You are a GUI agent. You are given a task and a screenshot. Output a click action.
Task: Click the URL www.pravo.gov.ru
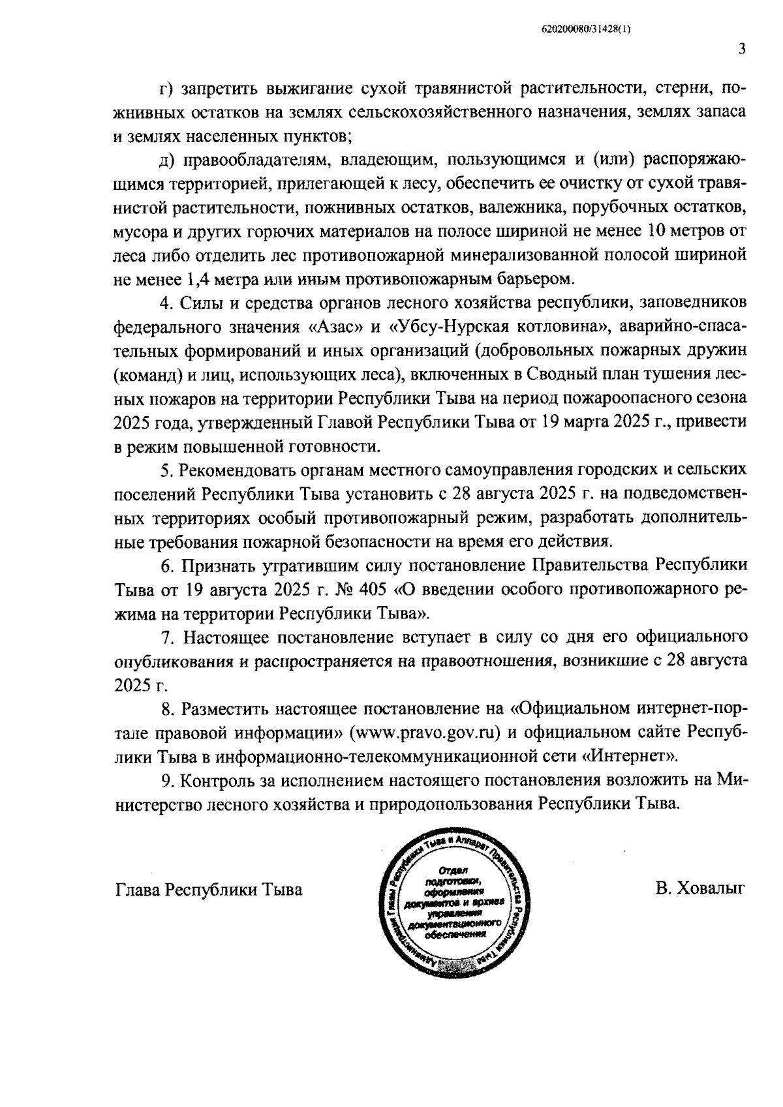tap(425, 732)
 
